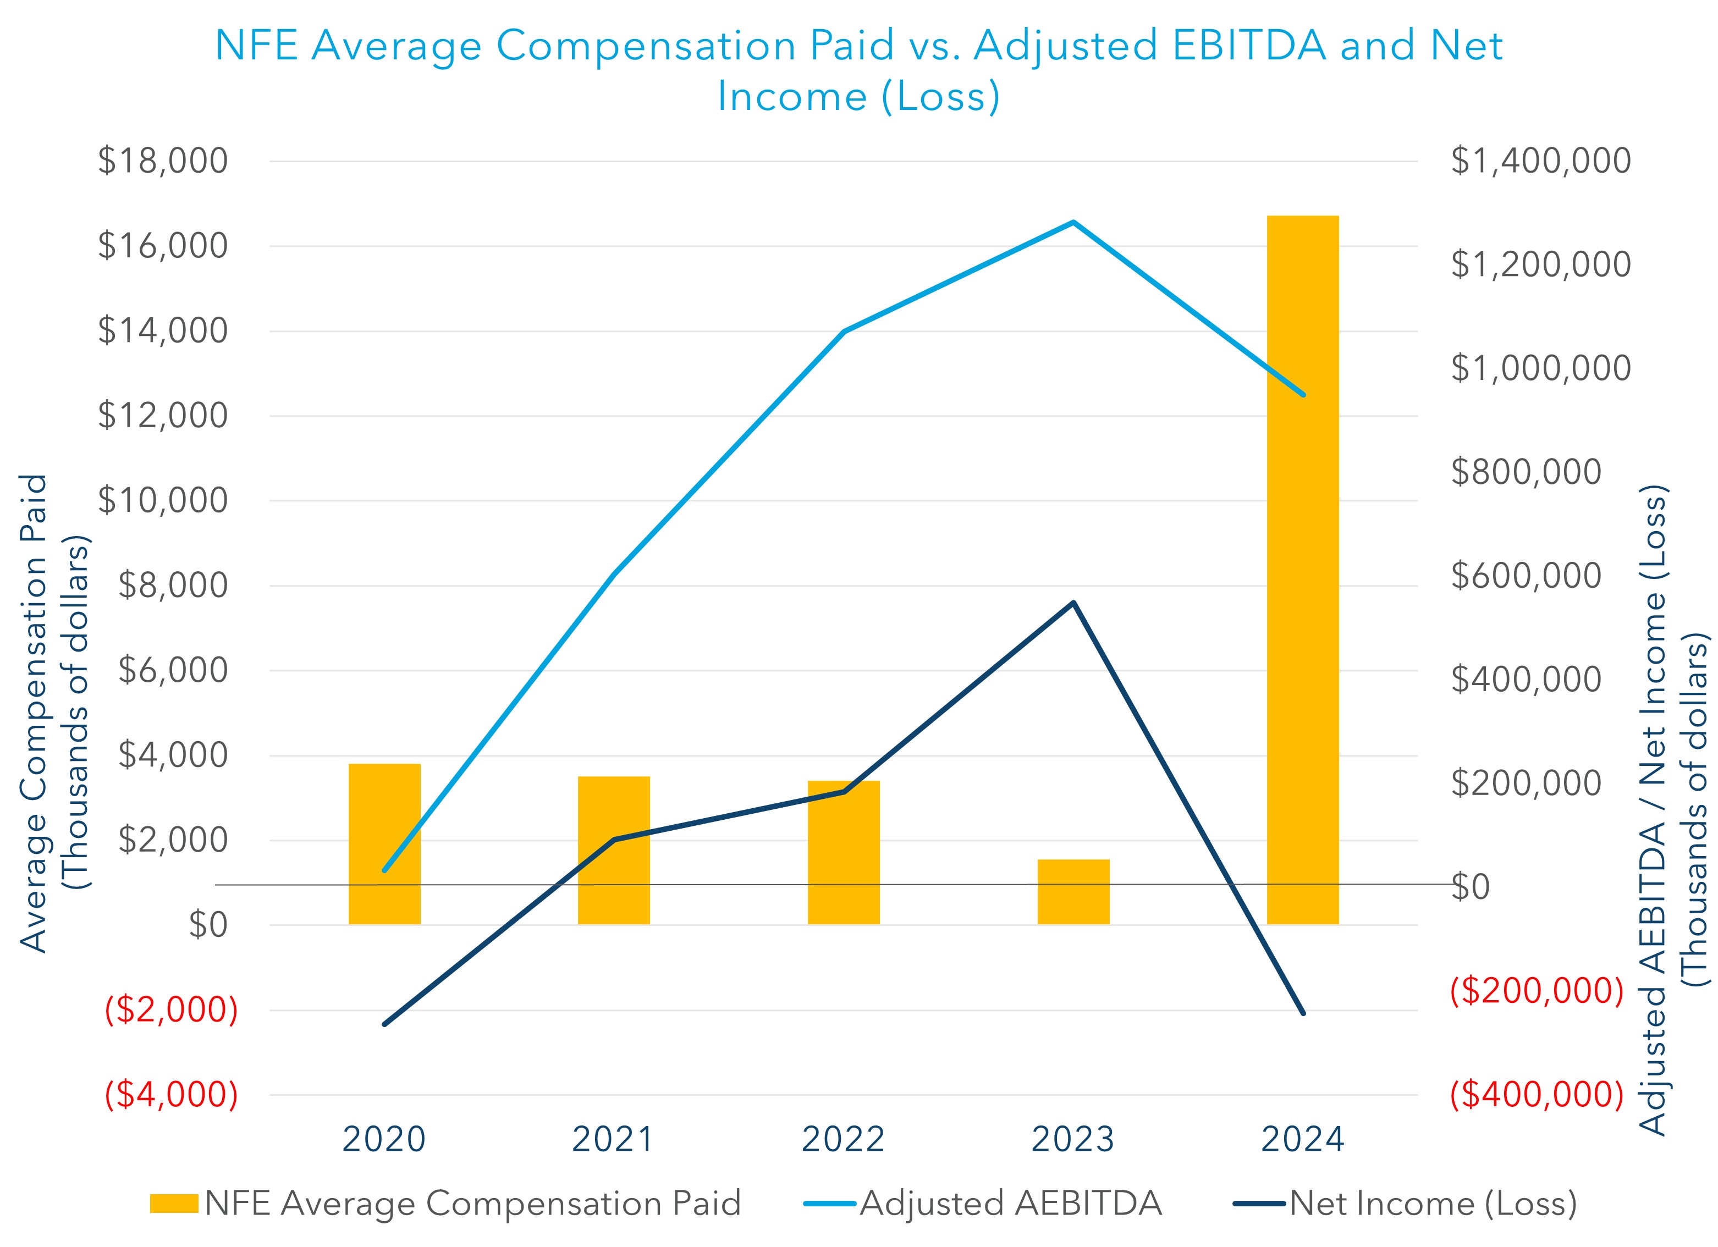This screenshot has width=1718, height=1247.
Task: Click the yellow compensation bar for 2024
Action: pos(1302,568)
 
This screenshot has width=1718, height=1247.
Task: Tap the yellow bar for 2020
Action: pos(384,843)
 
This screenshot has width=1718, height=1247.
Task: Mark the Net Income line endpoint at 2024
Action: pos(1303,1013)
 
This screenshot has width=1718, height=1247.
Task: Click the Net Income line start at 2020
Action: pos(384,1024)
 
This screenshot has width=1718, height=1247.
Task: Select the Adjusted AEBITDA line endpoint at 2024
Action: pos(1303,394)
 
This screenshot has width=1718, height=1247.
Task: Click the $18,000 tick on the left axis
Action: pos(163,161)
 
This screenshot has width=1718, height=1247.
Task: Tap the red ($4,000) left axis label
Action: pos(171,1095)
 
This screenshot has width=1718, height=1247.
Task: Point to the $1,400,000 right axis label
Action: pos(1540,161)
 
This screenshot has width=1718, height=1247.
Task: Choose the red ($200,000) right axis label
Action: pos(1536,990)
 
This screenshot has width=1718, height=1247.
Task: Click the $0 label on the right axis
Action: pos(1471,887)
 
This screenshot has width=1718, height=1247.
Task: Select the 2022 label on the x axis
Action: pos(843,1139)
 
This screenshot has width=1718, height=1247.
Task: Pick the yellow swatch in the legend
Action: pos(173,1203)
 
